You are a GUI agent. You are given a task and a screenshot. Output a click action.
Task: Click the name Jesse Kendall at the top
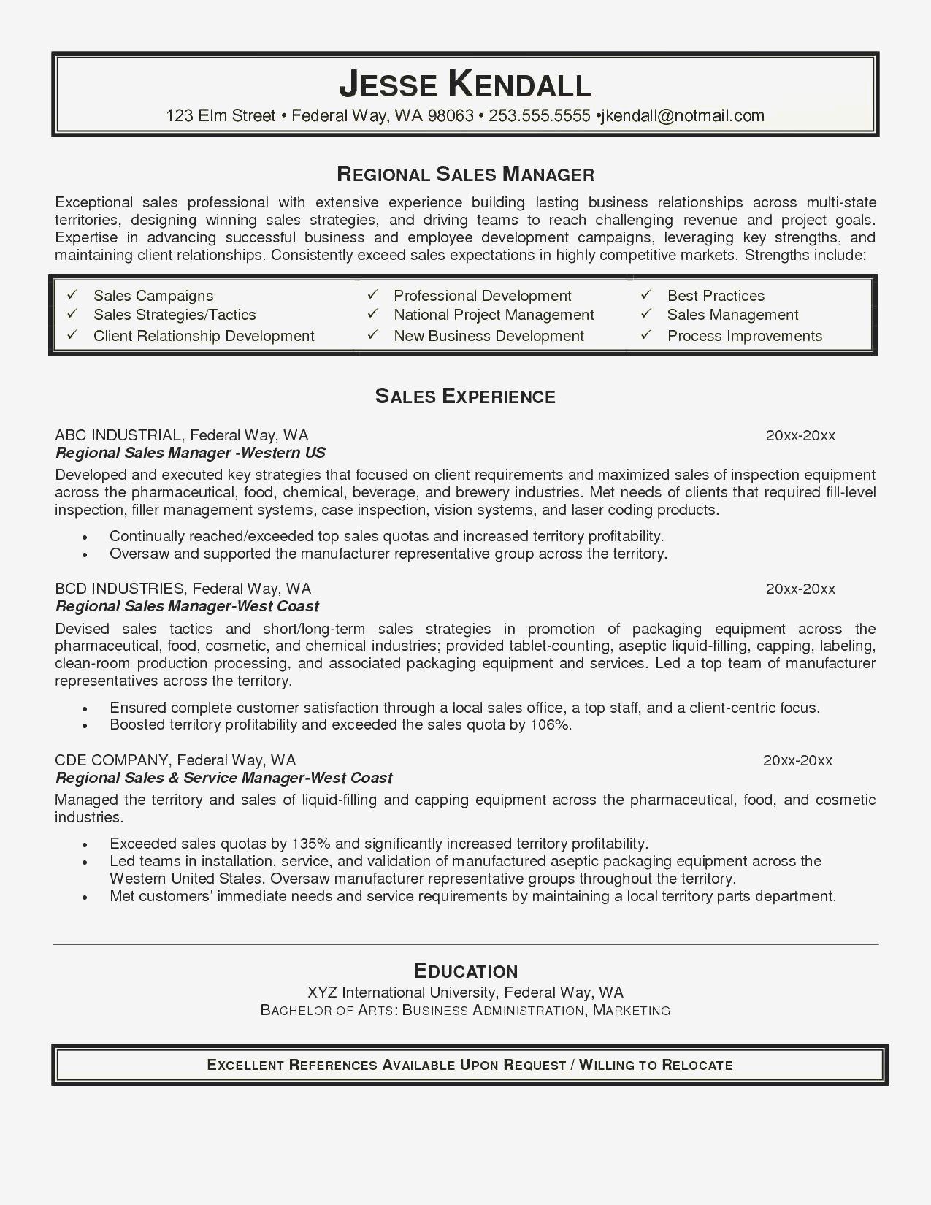tap(464, 85)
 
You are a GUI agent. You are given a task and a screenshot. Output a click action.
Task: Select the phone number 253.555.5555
tap(539, 115)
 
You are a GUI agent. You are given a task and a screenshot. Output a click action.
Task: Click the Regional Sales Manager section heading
tap(465, 175)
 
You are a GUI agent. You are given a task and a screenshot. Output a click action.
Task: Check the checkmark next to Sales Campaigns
tap(72, 295)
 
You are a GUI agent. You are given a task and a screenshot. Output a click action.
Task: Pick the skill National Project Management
tap(494, 315)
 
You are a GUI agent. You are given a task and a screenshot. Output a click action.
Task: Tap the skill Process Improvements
tap(744, 336)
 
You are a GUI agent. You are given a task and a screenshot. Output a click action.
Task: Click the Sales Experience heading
tap(465, 397)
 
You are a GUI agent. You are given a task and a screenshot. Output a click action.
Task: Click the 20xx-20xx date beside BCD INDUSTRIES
tap(800, 589)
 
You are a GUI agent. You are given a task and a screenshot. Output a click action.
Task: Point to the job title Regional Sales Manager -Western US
tap(191, 453)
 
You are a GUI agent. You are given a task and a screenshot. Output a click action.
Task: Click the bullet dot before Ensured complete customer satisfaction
tap(85, 709)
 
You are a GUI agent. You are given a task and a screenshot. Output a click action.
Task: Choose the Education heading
tap(465, 971)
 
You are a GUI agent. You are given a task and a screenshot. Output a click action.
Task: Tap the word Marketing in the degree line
tap(632, 1011)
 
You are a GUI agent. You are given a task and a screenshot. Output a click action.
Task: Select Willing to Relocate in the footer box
tap(656, 1065)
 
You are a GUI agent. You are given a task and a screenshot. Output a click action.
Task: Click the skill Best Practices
tap(716, 296)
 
